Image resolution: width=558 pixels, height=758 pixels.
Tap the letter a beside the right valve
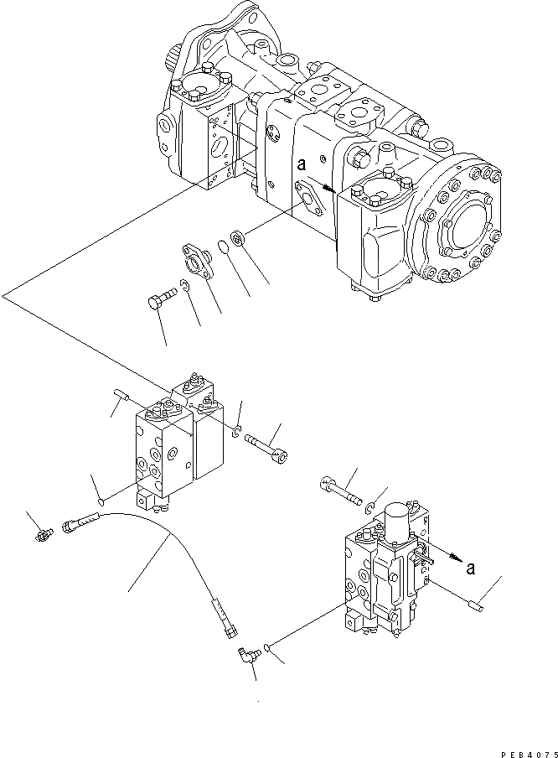click(x=472, y=568)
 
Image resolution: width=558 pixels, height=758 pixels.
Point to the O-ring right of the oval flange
click(x=223, y=247)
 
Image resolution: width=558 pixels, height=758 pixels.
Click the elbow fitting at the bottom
click(x=245, y=655)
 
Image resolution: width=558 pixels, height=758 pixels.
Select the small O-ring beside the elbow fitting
click(x=266, y=646)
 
